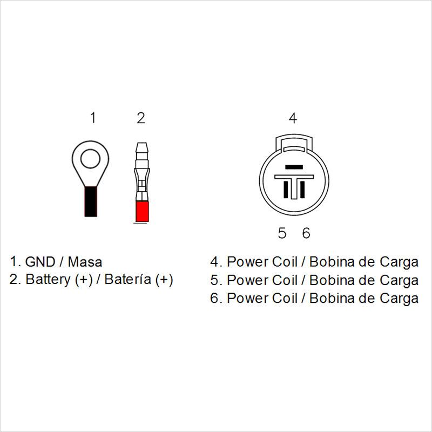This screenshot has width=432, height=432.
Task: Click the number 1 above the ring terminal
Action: coord(93,118)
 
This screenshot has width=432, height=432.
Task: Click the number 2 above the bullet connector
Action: coord(141,118)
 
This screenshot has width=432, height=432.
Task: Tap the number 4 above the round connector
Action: coord(293,118)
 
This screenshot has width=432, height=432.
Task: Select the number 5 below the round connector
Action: coord(282,233)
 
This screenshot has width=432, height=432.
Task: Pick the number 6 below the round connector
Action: coord(306,233)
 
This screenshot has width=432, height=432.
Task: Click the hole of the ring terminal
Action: coord(90,158)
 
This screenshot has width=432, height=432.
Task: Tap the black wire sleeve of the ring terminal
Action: coord(91,201)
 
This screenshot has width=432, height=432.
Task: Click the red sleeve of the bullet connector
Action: coord(142,212)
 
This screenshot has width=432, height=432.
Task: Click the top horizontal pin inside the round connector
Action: coord(294,167)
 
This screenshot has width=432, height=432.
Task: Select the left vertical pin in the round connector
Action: coord(286,190)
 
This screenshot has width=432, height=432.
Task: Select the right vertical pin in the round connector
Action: coord(302,190)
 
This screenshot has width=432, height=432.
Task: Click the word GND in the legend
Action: coord(40,262)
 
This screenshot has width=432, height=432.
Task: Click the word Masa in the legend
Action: coord(85,262)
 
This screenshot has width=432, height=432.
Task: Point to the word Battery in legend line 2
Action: coord(48,280)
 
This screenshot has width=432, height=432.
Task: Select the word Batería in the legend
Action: coord(128,279)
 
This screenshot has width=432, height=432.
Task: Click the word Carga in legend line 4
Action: coord(399,262)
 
